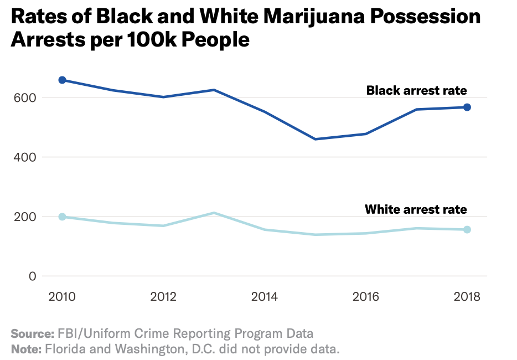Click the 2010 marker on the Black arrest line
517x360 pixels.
coord(62,80)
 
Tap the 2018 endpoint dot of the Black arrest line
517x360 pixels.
coord(467,107)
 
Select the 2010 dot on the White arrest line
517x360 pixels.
coord(62,217)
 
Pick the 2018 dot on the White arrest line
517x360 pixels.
coord(467,229)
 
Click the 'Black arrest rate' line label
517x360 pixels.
coord(416,90)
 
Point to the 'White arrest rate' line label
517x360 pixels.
coord(416,209)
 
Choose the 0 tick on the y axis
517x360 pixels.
coord(32,276)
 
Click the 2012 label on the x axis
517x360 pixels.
coord(163,296)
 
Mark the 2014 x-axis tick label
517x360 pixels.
coord(265,296)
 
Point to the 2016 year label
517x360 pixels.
coord(366,296)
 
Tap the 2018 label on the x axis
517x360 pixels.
coord(467,296)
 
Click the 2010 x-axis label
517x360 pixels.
coord(62,296)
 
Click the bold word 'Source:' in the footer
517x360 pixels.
coord(32,334)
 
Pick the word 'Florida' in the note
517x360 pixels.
coord(65,349)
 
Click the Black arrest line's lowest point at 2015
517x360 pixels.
coord(315,139)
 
